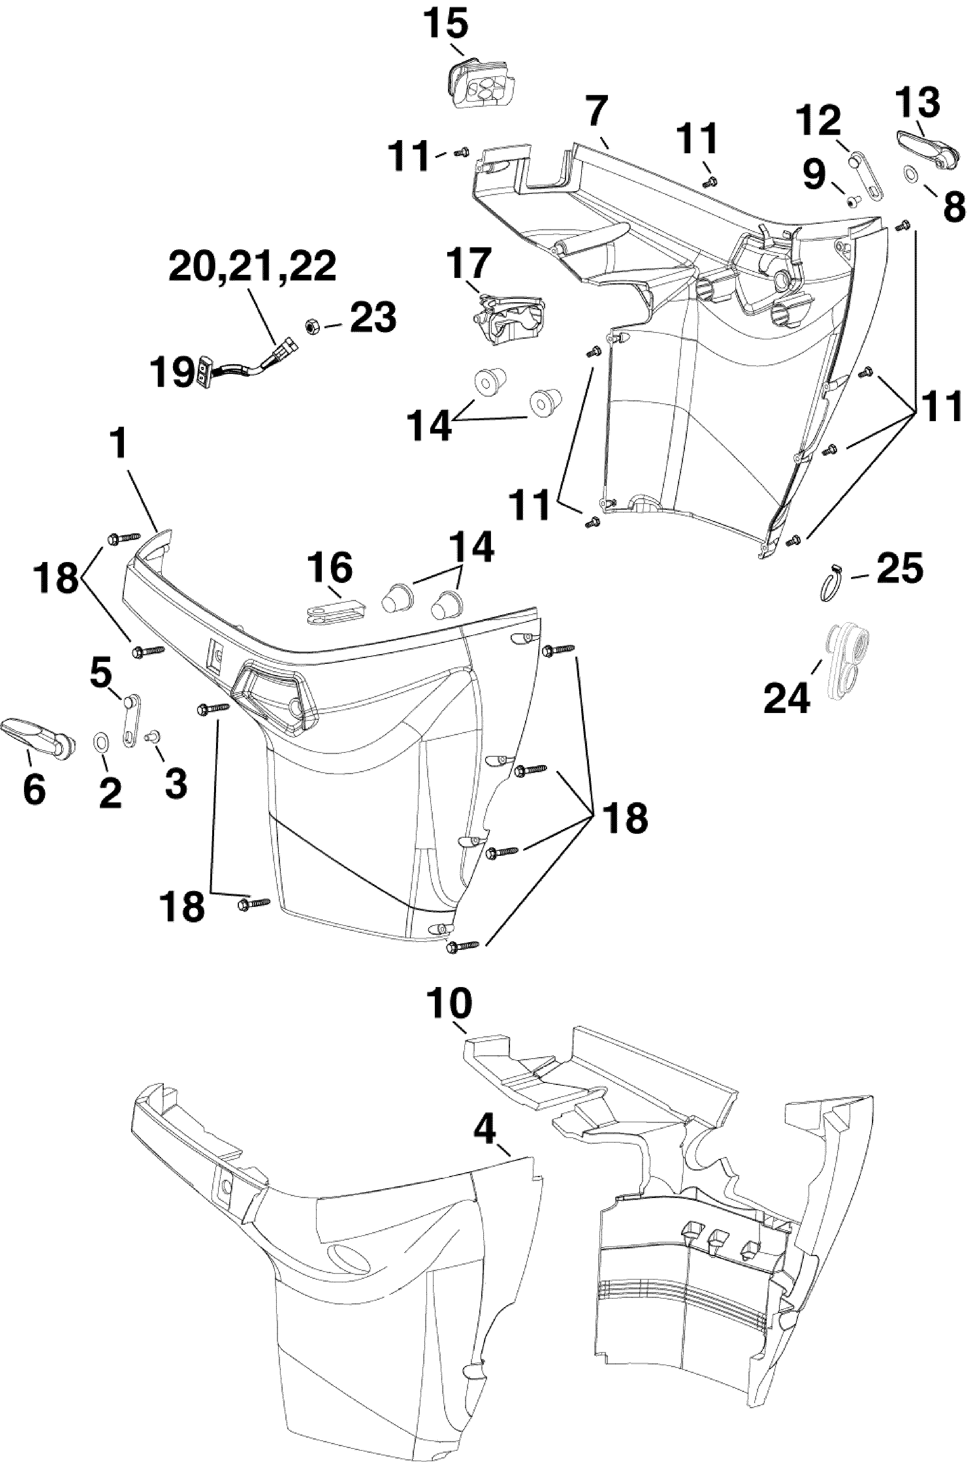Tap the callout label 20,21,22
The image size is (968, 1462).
coord(252,267)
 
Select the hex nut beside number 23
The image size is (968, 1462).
coord(312,325)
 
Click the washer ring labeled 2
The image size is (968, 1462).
coord(100,739)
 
